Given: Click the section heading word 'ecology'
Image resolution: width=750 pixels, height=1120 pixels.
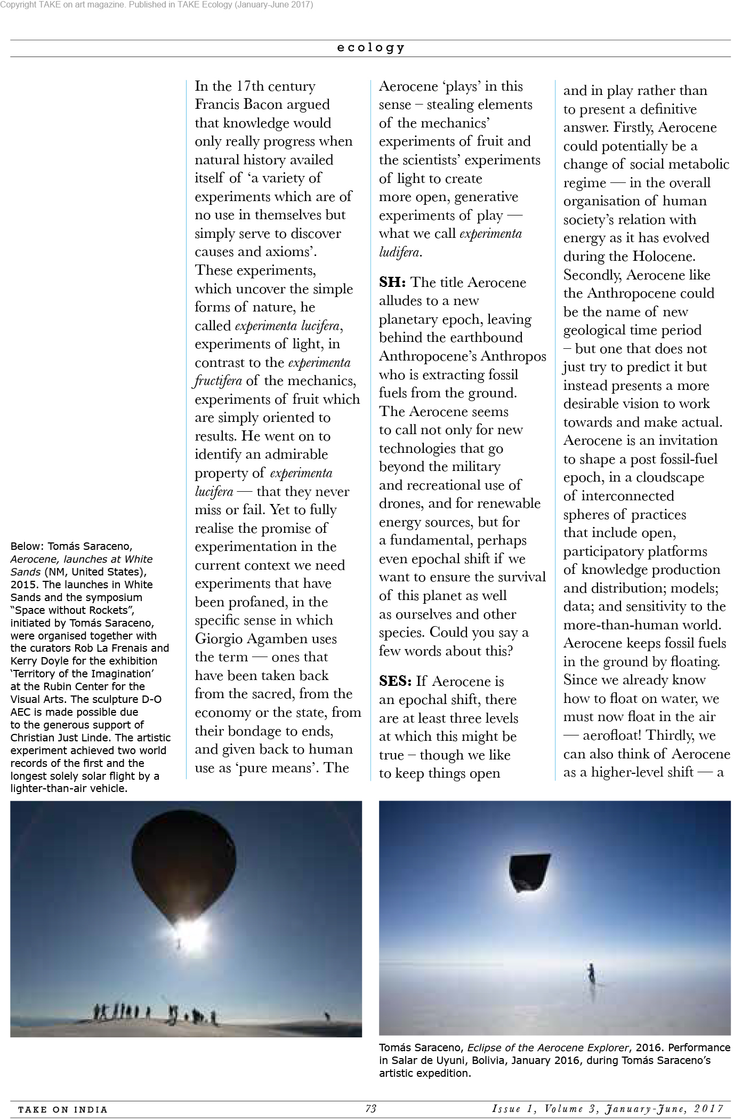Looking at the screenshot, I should click(x=370, y=48).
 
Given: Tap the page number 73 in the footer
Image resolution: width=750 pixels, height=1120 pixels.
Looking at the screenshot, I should click(x=371, y=1109).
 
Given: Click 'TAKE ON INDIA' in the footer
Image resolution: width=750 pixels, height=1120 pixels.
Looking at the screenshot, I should click(x=63, y=1109).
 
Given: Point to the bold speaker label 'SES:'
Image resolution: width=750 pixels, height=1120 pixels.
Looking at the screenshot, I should click(x=395, y=681).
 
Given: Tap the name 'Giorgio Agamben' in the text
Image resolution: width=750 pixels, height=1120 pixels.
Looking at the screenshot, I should click(x=265, y=638).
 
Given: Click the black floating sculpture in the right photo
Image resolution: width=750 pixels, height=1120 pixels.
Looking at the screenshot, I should click(x=529, y=872).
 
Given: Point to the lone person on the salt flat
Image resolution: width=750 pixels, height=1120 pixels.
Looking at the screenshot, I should click(x=591, y=975).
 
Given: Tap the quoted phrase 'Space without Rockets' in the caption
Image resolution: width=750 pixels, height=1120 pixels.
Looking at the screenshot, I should click(x=76, y=610).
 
